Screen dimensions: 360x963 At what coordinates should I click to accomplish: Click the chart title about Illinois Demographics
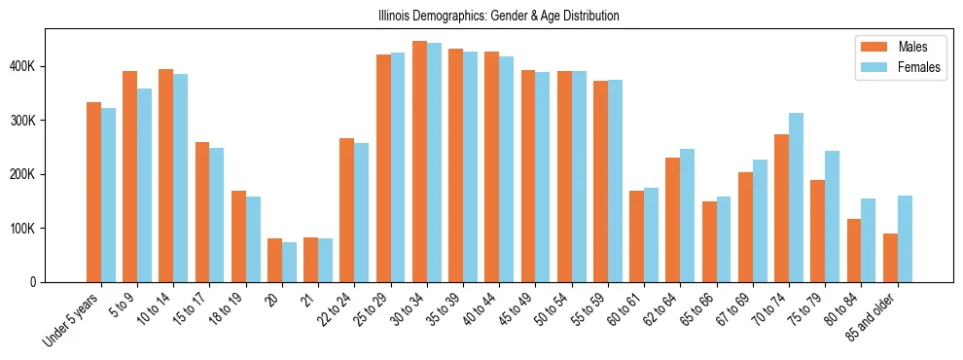pyautogui.click(x=498, y=17)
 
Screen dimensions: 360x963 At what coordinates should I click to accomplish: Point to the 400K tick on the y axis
pyautogui.click(x=21, y=66)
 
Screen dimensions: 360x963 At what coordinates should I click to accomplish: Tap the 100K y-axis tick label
pyautogui.click(x=21, y=229)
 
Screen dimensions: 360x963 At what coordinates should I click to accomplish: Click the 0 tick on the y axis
pyautogui.click(x=33, y=282)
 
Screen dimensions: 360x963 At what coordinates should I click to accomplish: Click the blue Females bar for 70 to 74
pyautogui.click(x=796, y=198)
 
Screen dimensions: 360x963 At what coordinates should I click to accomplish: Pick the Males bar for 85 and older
pyautogui.click(x=890, y=258)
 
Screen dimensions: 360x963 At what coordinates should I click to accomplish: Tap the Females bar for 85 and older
pyautogui.click(x=905, y=239)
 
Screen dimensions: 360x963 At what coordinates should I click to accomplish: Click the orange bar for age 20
pyautogui.click(x=274, y=260)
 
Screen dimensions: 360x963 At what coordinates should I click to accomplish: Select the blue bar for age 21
pyautogui.click(x=325, y=260)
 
